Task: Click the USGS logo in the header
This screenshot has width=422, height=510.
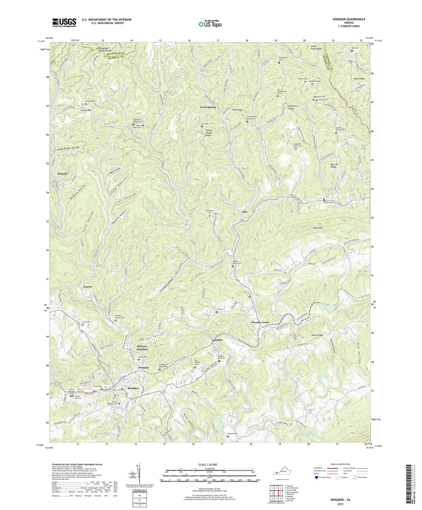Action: (x=64, y=22)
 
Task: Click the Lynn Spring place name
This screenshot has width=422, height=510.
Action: (x=208, y=107)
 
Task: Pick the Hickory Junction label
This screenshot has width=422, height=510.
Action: (x=142, y=348)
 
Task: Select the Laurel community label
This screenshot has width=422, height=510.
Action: (x=88, y=287)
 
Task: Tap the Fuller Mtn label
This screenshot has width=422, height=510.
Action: (x=86, y=110)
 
